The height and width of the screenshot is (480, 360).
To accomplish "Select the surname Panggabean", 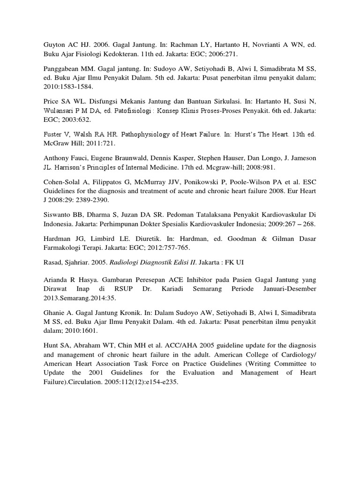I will pyautogui.click(x=58, y=68).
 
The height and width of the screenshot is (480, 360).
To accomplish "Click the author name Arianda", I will pyautogui.click(x=51, y=277).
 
